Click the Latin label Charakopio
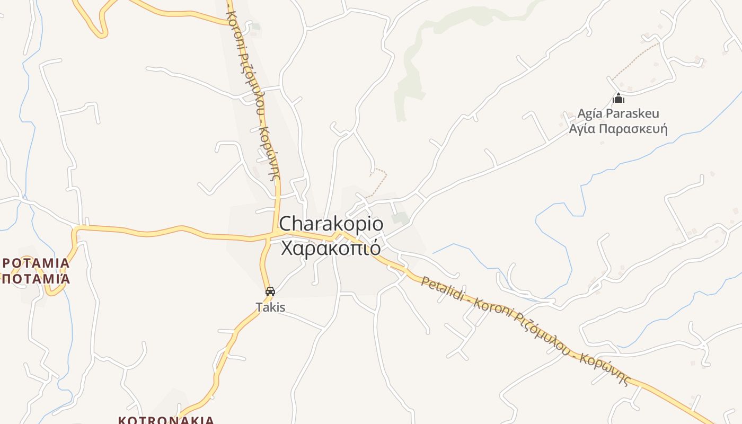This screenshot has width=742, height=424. point(331,224)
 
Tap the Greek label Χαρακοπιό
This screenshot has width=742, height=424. point(331,248)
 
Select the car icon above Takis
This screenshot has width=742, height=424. point(270,291)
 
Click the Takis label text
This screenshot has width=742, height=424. point(270,307)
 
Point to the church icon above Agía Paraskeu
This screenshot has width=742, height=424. point(618,99)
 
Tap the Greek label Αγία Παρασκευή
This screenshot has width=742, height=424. point(618,129)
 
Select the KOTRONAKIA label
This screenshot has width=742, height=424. point(166,420)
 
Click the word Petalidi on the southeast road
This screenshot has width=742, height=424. point(444,290)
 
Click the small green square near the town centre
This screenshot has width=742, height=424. point(400,218)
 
